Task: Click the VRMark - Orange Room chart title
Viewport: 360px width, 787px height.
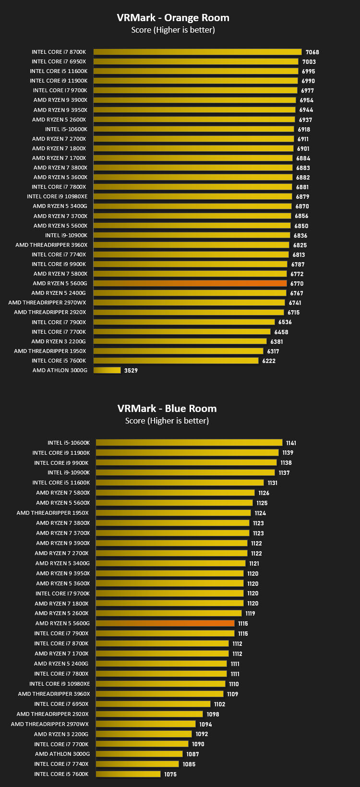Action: tap(173, 18)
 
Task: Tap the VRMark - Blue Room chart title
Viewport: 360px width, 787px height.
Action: tap(167, 408)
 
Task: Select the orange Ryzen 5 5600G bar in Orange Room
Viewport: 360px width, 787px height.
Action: tap(190, 283)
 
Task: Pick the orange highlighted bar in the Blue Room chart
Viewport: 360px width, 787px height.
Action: tap(165, 623)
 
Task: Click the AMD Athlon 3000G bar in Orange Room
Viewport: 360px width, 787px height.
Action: tap(107, 370)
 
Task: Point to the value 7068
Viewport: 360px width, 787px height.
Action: tap(312, 52)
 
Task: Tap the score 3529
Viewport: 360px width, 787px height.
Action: tap(131, 370)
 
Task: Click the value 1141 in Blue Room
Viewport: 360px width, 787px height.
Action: tap(291, 443)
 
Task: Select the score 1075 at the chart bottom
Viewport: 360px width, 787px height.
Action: tap(170, 775)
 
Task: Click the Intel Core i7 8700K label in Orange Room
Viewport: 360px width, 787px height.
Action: tap(59, 52)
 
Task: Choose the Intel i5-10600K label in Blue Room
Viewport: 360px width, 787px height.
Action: tap(69, 443)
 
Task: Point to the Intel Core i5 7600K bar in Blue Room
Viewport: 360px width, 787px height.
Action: tap(128, 774)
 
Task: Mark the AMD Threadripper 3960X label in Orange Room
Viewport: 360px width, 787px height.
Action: tap(51, 245)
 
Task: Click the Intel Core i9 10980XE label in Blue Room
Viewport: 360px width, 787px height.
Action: tap(60, 684)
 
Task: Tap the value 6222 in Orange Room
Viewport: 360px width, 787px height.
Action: tap(269, 361)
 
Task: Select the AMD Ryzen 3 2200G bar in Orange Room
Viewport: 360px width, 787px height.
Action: tap(180, 341)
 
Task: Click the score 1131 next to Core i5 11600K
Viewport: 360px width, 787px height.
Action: tap(273, 483)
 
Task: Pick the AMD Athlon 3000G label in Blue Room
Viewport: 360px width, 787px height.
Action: tap(62, 754)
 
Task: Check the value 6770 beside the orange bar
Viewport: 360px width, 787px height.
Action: tap(297, 283)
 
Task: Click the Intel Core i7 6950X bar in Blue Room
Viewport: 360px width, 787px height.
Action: tap(153, 704)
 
